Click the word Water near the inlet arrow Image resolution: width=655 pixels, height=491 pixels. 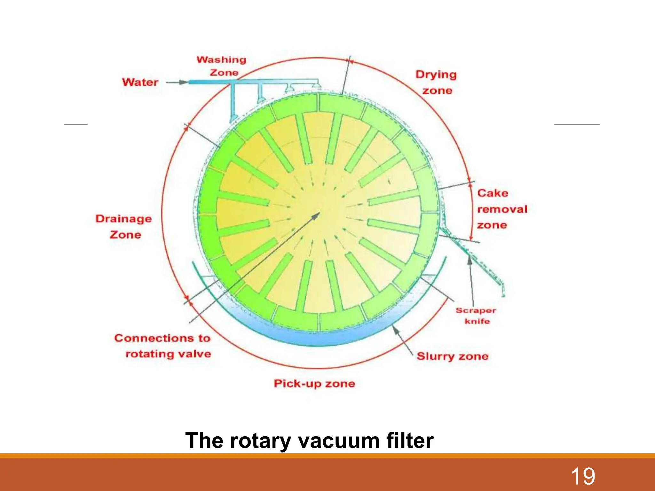pos(140,82)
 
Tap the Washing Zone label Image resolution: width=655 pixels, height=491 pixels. pos(221,66)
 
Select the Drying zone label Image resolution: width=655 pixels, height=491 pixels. pos(436,82)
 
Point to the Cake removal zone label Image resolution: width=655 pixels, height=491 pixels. pos(501,209)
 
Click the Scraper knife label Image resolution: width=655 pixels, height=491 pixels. pos(476,316)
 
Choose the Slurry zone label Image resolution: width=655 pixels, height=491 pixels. pos(452,356)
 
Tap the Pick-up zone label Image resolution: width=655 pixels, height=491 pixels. pos(314,383)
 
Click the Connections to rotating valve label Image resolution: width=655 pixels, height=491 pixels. pos(163,346)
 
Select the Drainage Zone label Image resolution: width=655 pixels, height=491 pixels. pos(124,226)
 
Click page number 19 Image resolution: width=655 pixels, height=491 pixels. pos(583,476)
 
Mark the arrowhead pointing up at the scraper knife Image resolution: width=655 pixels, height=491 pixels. pos(470,260)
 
